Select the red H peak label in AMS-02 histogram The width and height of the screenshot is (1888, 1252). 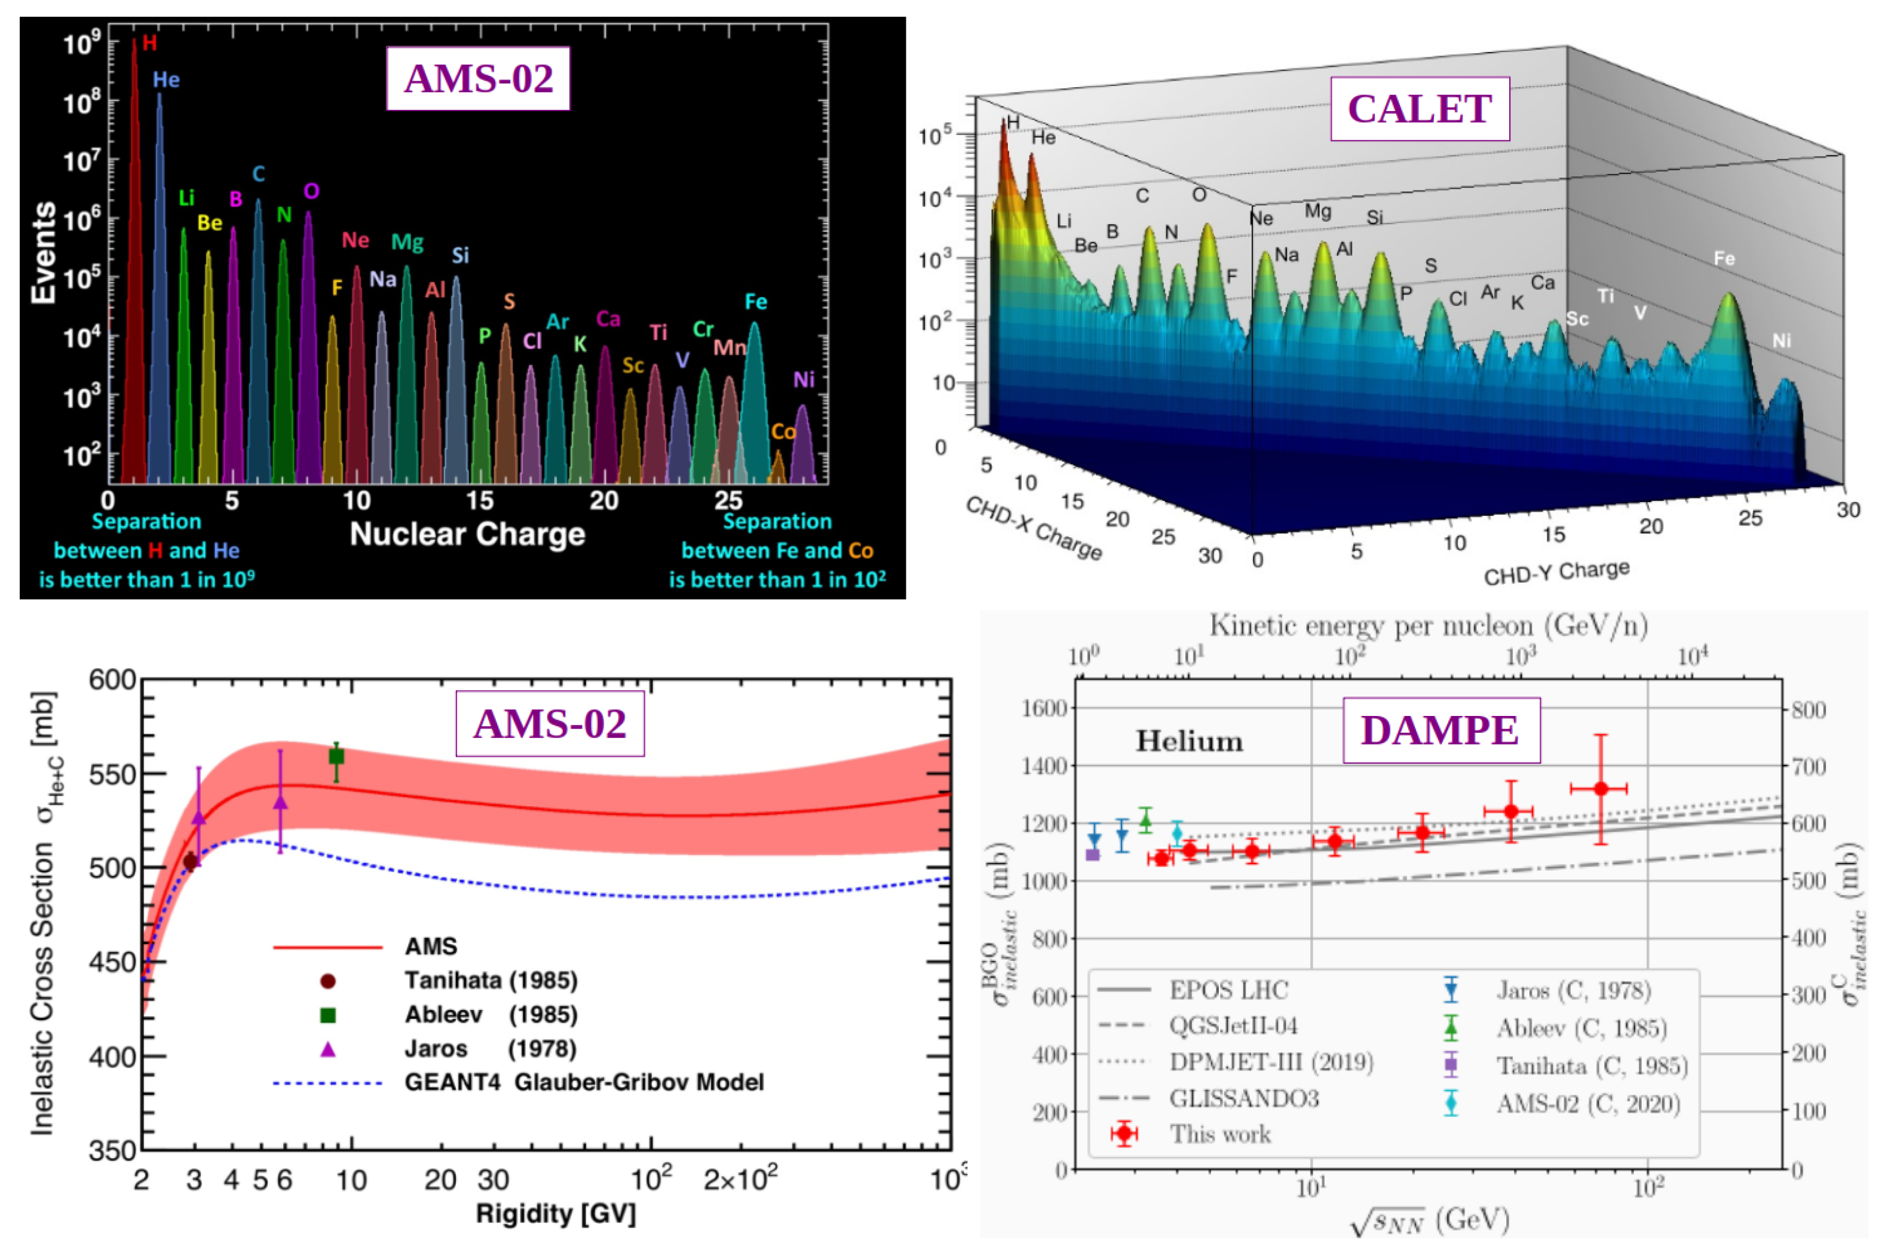pos(149,43)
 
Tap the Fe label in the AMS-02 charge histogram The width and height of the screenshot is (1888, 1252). pos(755,302)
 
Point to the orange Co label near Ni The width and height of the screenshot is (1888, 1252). pos(783,432)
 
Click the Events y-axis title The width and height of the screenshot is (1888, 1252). pos(43,252)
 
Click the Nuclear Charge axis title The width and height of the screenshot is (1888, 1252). pos(467,534)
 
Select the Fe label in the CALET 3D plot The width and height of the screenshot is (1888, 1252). pos(1724,259)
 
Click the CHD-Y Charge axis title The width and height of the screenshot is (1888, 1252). pos(1556,572)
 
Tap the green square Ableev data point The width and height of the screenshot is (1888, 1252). pos(337,756)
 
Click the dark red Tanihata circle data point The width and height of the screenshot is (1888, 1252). pos(190,862)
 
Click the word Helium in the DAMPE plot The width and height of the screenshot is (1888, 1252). pos(1189,741)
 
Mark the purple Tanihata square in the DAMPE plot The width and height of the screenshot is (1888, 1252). pos(1093,855)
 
